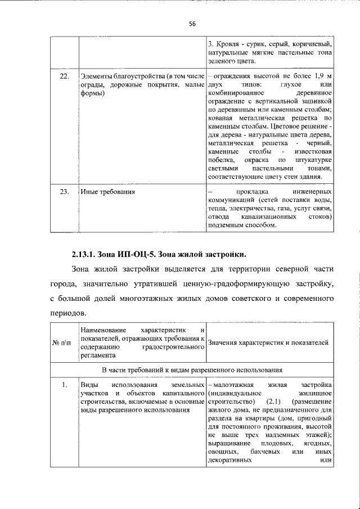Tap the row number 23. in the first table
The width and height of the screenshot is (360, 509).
click(65, 192)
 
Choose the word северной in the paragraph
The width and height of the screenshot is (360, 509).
click(274, 268)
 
